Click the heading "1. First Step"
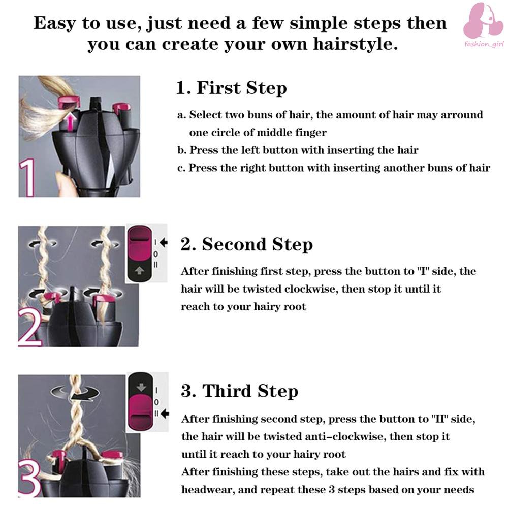pyautogui.click(x=231, y=88)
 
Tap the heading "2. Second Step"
pyautogui.click(x=246, y=244)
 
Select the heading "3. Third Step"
pyautogui.click(x=239, y=391)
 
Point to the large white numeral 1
pyautogui.click(x=27, y=177)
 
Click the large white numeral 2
pyautogui.click(x=30, y=327)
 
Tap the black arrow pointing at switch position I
pyautogui.click(x=164, y=242)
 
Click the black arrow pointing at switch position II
pyautogui.click(x=165, y=414)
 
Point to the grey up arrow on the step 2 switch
pyautogui.click(x=139, y=270)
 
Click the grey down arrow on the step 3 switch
pyautogui.click(x=141, y=387)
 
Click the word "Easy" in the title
pyautogui.click(x=54, y=24)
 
